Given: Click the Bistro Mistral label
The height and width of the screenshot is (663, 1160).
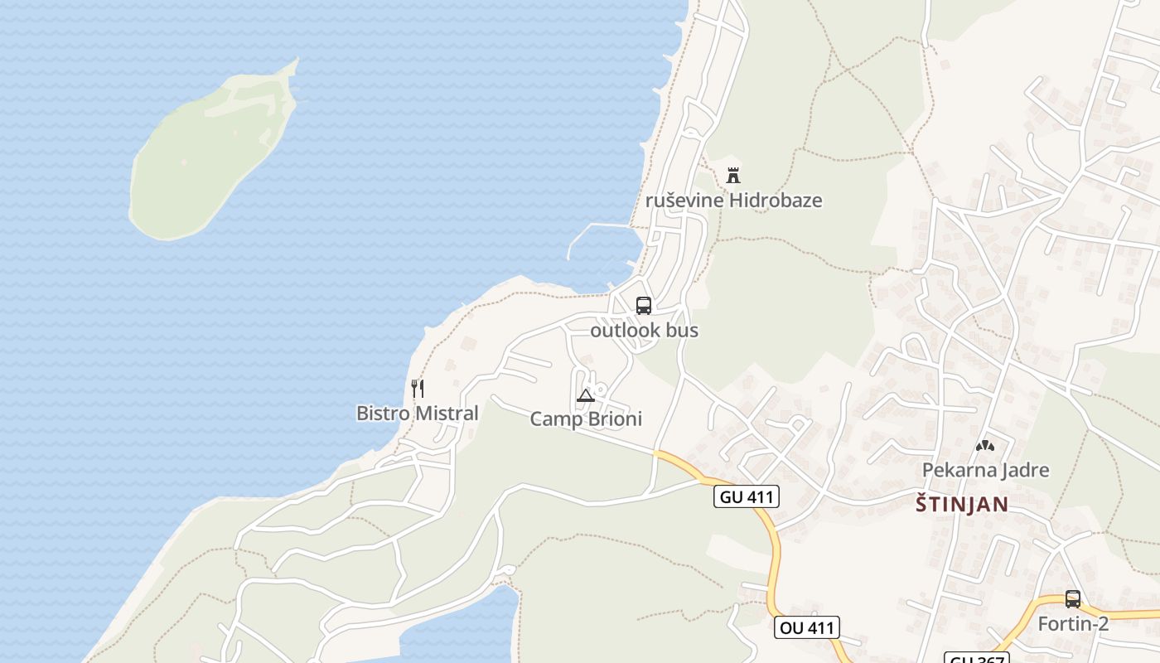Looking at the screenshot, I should (417, 413).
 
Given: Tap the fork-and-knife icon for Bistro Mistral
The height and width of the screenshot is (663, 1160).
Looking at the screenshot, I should (418, 388).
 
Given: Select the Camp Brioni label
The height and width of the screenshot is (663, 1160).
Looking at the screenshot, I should (586, 419).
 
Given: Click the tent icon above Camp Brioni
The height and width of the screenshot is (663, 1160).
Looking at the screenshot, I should (586, 395).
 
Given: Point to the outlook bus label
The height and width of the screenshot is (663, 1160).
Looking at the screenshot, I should (644, 330).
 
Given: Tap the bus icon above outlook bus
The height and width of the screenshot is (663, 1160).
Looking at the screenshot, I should (644, 305).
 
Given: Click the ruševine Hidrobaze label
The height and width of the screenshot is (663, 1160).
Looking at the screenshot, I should (733, 200).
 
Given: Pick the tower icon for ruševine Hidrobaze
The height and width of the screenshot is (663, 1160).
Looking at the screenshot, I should (732, 175).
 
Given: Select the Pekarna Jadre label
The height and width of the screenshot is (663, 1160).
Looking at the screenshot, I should (985, 470).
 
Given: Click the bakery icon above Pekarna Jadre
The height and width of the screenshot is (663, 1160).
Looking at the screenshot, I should (985, 446).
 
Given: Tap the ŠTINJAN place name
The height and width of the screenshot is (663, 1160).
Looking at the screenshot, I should (962, 504).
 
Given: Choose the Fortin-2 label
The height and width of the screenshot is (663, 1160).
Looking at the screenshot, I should (1073, 623).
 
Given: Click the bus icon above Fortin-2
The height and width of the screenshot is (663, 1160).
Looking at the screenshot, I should (1073, 599).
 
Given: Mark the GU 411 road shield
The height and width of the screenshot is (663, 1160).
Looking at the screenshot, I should (747, 496).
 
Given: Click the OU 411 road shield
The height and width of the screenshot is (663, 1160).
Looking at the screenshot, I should (806, 627).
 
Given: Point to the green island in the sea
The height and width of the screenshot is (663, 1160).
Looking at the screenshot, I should (207, 157).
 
